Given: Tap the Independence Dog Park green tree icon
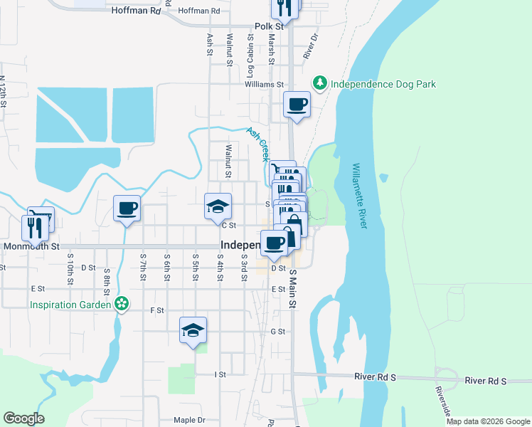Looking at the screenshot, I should pos(321,84).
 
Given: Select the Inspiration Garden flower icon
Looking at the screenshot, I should pos(122,305).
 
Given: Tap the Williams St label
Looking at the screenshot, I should pos(265,84).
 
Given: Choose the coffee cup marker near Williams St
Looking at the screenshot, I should pos(297,105).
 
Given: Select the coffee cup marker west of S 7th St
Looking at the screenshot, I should pos(127,208).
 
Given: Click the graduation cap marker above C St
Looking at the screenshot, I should pos(218,206).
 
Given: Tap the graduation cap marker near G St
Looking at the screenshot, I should pos(193,330).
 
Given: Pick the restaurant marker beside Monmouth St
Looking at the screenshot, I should pos(35,227).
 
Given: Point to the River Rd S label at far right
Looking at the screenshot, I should pos(485,381).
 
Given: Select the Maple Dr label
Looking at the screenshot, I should pos(188,420).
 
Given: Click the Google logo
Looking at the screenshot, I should pos(23,418).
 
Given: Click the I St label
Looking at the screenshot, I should pos(220,374).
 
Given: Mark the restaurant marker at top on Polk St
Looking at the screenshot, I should pos(284,8).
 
